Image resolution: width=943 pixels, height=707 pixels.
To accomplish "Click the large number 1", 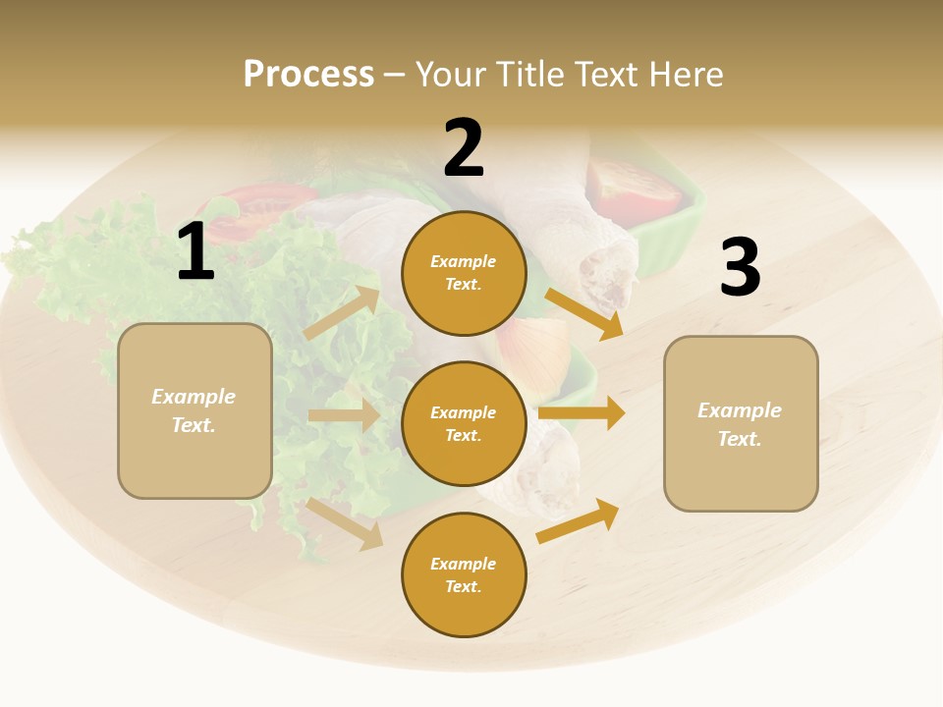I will click(x=195, y=252).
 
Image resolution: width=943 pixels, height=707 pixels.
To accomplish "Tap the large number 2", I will click(x=464, y=148).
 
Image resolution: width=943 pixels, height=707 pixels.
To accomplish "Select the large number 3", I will click(x=740, y=267).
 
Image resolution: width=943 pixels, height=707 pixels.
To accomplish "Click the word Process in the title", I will click(x=308, y=74).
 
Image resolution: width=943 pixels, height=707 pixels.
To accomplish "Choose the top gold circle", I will click(x=464, y=273).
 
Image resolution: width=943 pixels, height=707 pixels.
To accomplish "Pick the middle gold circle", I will click(x=464, y=423).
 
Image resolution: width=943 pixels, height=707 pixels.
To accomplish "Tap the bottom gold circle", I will click(x=464, y=574).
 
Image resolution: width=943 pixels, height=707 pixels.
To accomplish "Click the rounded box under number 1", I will click(x=194, y=410).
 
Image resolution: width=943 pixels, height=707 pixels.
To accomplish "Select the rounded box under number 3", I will click(x=741, y=423).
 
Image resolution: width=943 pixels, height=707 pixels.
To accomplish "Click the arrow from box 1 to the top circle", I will click(x=343, y=313).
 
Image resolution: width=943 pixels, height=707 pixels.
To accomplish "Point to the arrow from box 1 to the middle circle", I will click(x=344, y=415).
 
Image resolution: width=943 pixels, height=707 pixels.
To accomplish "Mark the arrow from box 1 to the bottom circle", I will click(x=345, y=523).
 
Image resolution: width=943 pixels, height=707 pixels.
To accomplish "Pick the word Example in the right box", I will click(x=740, y=410).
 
